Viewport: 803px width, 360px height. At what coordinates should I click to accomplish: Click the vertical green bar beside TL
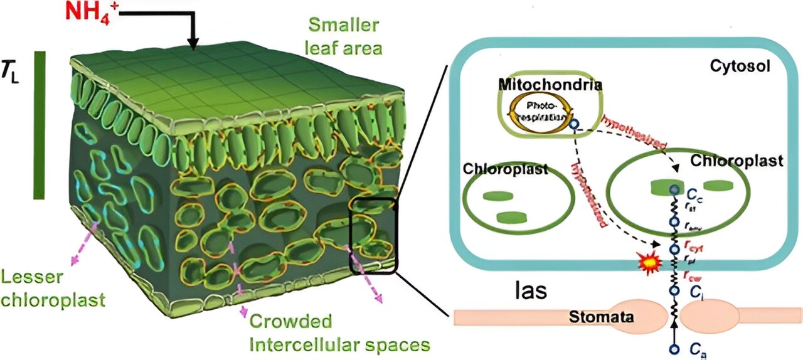(x=40, y=125)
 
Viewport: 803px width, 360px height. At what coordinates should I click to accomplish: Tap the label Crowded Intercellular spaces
(x=339, y=333)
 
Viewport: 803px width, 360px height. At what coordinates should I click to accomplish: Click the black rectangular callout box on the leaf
(x=373, y=236)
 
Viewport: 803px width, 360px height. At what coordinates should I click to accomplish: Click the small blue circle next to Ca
(x=675, y=348)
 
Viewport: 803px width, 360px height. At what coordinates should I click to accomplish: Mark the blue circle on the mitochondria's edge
(x=573, y=124)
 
